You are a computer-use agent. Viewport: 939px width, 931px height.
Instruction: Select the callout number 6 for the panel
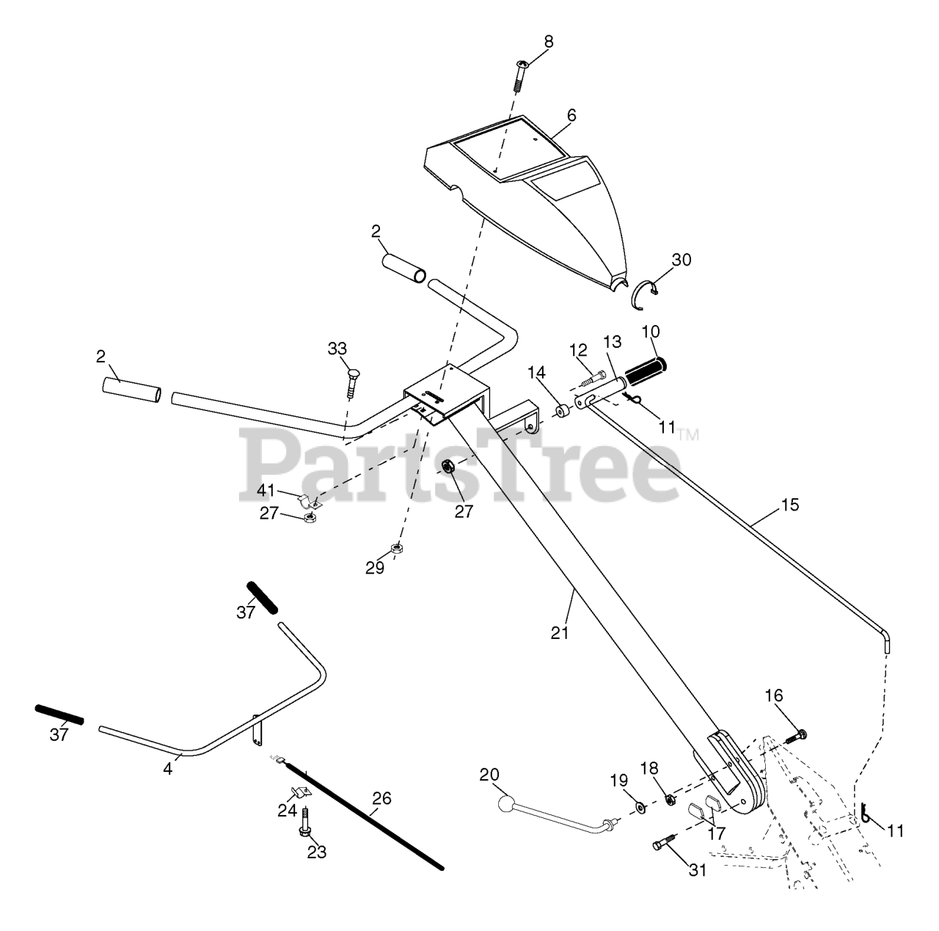click(x=571, y=116)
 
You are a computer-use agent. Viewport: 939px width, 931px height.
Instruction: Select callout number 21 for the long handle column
click(x=560, y=632)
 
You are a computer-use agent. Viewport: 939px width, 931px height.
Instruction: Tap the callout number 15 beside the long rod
click(x=790, y=505)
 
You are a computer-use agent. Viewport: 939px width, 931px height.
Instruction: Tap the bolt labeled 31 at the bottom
click(x=663, y=845)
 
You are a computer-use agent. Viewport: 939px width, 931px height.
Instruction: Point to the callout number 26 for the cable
click(x=382, y=798)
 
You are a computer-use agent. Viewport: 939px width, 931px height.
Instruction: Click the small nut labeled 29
click(x=395, y=547)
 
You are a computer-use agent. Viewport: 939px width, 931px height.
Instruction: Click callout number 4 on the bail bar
click(x=168, y=770)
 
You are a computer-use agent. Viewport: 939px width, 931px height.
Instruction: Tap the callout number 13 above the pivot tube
click(x=612, y=341)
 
